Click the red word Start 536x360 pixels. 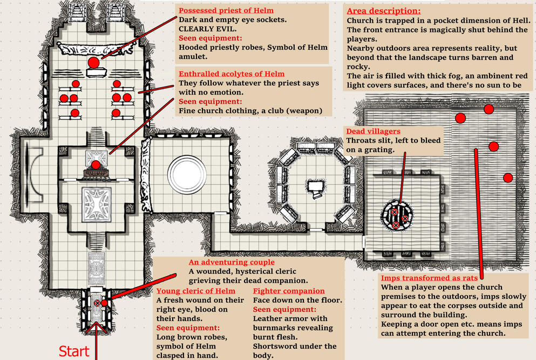[73, 351]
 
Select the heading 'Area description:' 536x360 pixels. [384, 11]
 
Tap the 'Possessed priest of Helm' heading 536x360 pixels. [226, 10]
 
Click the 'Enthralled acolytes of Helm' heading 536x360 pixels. [231, 73]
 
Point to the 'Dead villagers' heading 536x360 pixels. [373, 131]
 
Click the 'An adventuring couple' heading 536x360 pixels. [232, 262]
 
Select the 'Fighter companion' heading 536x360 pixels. [289, 291]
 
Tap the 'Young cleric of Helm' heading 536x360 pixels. [196, 291]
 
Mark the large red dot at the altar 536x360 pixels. [93, 63]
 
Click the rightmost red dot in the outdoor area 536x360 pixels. [507, 178]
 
